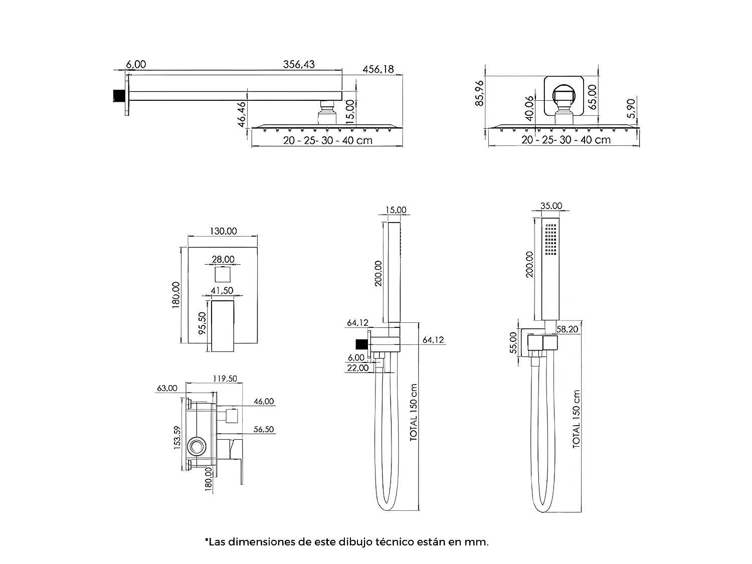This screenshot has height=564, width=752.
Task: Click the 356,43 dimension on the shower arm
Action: [x=299, y=64]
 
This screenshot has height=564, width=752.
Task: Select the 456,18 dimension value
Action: [x=378, y=69]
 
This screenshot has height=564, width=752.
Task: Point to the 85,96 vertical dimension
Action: [x=480, y=93]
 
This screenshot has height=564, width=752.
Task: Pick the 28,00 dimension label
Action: [x=223, y=259]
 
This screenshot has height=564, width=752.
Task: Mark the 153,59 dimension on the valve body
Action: [x=177, y=438]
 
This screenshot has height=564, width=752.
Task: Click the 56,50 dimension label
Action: [x=263, y=430]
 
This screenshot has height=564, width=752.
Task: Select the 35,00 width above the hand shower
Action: [x=551, y=206]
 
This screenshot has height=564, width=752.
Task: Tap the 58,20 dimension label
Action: [x=568, y=329]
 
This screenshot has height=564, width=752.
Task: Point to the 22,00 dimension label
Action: [x=357, y=368]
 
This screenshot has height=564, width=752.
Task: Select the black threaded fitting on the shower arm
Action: [x=118, y=95]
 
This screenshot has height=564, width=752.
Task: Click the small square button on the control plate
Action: [x=223, y=275]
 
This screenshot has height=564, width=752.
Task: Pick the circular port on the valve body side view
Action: [x=196, y=446]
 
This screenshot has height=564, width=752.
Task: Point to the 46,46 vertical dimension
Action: [x=242, y=114]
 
